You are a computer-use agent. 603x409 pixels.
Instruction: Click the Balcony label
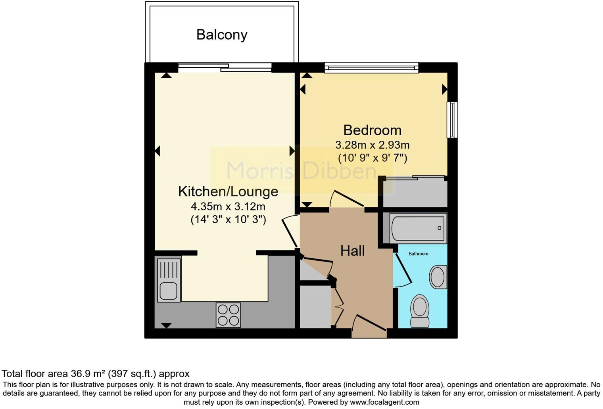click(222, 35)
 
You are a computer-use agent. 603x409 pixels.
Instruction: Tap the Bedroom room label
click(372, 130)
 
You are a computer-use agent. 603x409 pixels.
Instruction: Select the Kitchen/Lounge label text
click(228, 191)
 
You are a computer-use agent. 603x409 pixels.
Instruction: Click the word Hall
click(352, 251)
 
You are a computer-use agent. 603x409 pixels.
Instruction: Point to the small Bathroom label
click(418, 254)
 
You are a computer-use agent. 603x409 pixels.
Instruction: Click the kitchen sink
click(169, 280)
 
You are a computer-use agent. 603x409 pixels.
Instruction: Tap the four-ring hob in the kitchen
click(228, 315)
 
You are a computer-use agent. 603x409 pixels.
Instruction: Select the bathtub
click(418, 228)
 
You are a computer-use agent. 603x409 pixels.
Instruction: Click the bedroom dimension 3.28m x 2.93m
click(372, 145)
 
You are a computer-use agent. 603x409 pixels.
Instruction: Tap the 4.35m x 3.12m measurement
click(228, 206)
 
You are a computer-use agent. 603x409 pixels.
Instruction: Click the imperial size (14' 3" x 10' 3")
click(228, 220)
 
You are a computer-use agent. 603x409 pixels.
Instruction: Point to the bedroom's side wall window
click(452, 120)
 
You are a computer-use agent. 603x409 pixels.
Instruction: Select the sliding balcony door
click(225, 68)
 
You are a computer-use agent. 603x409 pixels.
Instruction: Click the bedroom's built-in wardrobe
click(415, 192)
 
